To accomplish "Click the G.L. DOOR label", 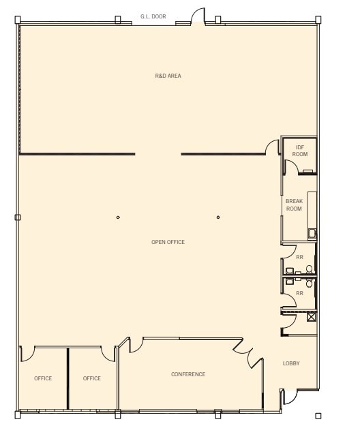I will (153, 16).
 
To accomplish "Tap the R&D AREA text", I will (168, 76).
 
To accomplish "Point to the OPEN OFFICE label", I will (168, 242).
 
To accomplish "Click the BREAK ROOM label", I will (294, 205).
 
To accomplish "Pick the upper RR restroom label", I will (299, 257).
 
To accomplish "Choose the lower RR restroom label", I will (299, 293).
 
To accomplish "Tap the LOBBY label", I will (291, 363).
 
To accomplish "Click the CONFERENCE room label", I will (188, 374).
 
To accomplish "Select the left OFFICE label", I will (43, 378).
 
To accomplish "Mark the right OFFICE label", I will (92, 378).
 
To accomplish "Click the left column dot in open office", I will (118, 217).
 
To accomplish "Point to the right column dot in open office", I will (218, 217).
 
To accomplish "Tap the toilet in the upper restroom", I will (309, 269).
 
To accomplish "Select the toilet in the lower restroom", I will (309, 279).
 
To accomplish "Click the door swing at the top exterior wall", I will (198, 16).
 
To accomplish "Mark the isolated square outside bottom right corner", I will (317, 416).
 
